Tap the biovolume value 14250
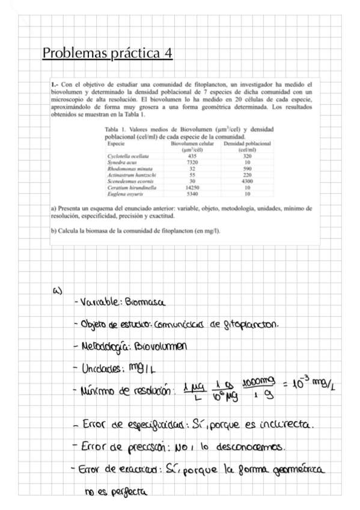(x=192, y=188)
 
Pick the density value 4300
(x=247, y=182)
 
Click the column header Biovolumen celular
(x=193, y=144)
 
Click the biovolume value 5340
(x=192, y=195)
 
